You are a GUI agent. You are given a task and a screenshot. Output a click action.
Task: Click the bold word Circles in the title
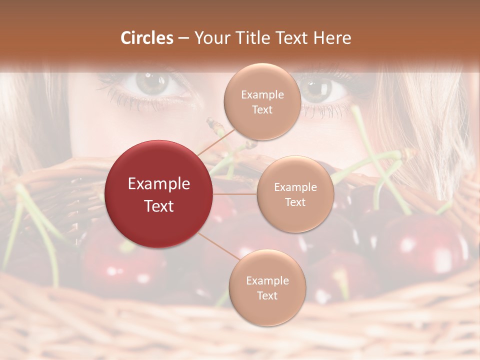click(x=147, y=38)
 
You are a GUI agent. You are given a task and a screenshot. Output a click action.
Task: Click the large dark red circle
click(x=158, y=194)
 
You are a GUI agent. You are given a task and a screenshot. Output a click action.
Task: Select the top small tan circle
click(x=262, y=101)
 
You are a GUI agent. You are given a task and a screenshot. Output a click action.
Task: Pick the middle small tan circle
click(x=295, y=194)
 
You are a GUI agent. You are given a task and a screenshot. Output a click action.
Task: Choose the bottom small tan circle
click(x=267, y=287)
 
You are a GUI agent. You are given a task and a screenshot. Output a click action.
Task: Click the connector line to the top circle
click(x=216, y=141)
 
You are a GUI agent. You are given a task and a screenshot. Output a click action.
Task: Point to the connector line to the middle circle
click(x=235, y=194)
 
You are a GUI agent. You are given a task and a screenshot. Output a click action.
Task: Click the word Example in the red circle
click(x=159, y=184)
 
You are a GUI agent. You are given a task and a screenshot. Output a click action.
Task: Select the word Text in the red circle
click(x=159, y=206)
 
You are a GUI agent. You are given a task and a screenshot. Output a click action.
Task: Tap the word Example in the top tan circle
click(x=262, y=95)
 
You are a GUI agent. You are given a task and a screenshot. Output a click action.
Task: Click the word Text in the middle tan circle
click(x=295, y=202)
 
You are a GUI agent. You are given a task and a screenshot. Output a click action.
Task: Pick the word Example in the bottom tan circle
click(x=267, y=281)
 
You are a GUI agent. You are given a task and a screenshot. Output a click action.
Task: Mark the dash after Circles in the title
click(x=183, y=38)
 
